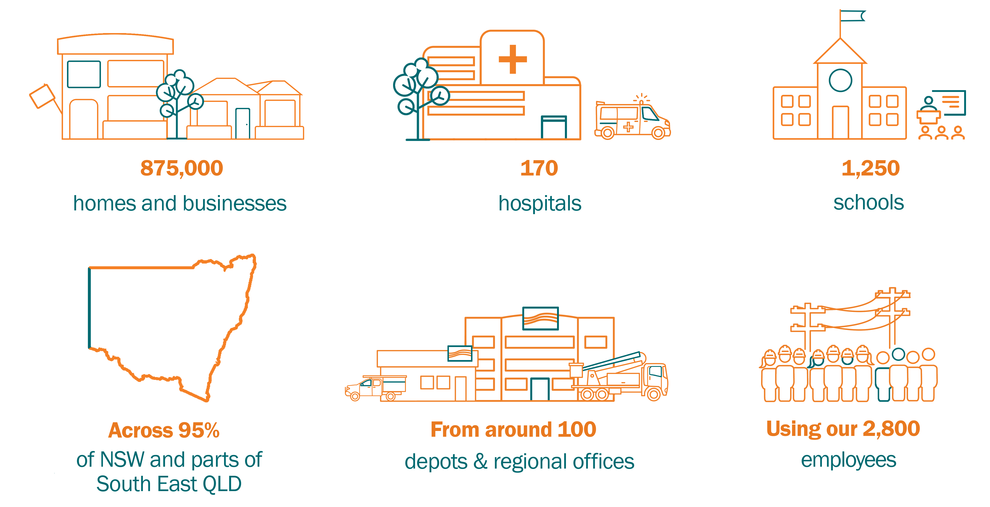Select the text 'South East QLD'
[x=169, y=484]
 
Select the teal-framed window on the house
[x=84, y=74]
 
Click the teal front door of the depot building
[x=540, y=389]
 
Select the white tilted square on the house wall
[x=42, y=96]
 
